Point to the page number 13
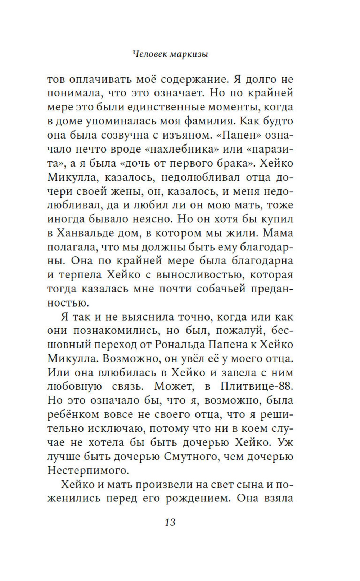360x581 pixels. pyautogui.click(x=170, y=522)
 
